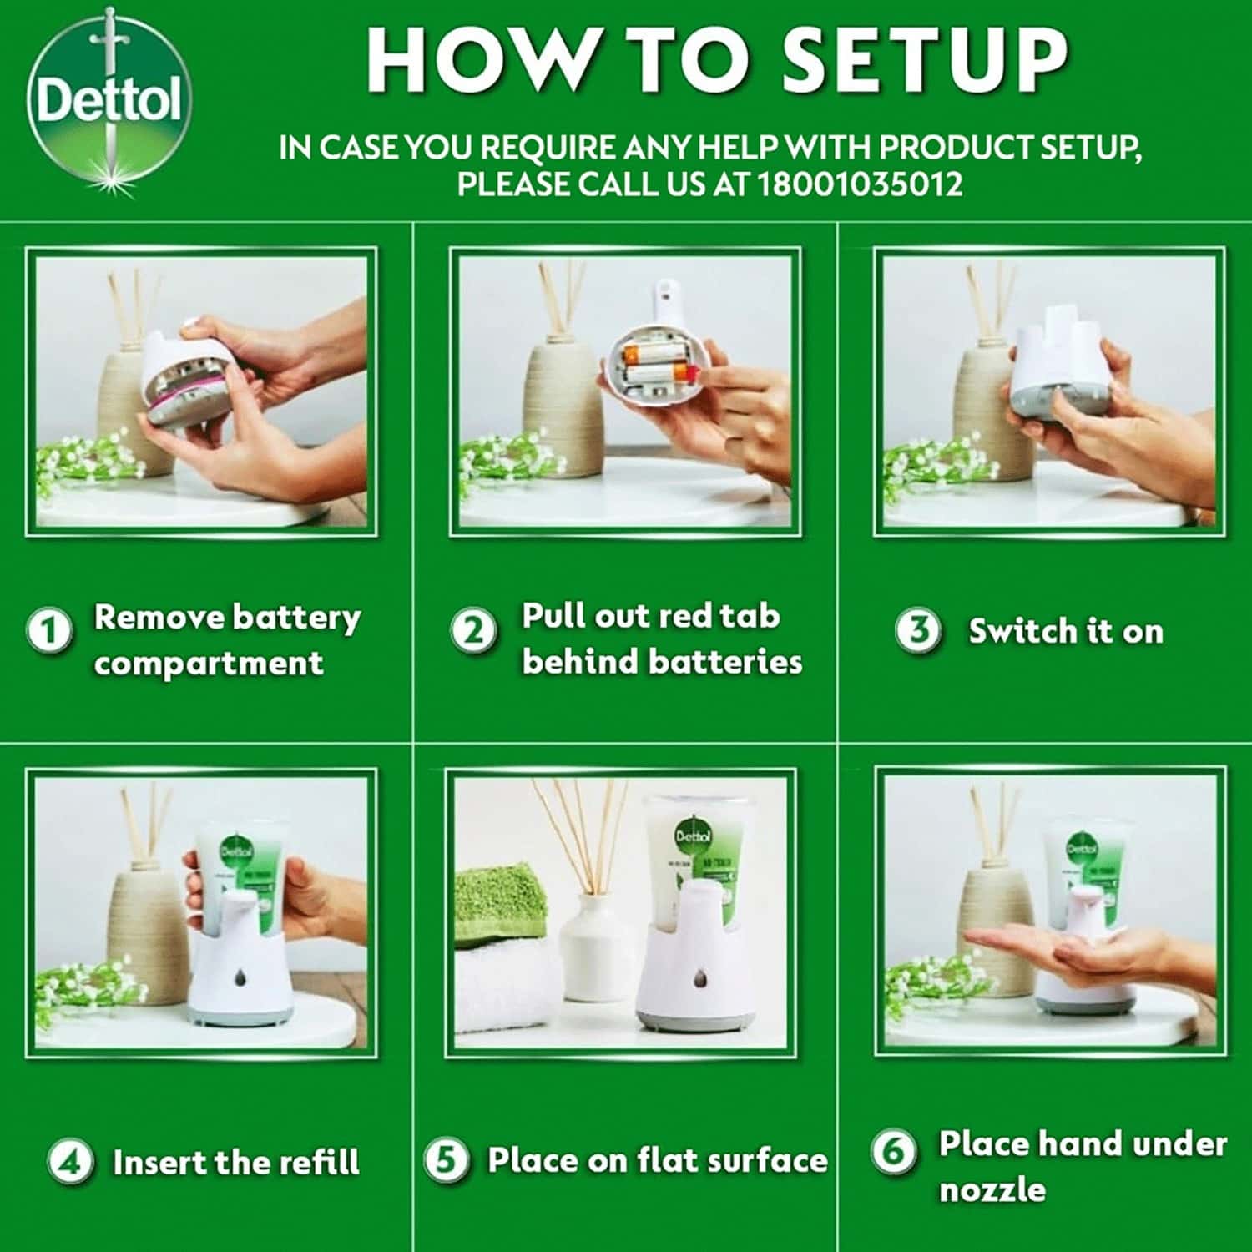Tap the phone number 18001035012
click(860, 184)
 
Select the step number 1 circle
click(49, 630)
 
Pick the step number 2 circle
click(473, 630)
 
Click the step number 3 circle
click(918, 630)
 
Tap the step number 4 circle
click(70, 1161)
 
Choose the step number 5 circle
click(446, 1160)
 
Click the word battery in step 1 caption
click(296, 618)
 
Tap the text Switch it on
click(1065, 632)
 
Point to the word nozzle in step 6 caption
click(992, 1189)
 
